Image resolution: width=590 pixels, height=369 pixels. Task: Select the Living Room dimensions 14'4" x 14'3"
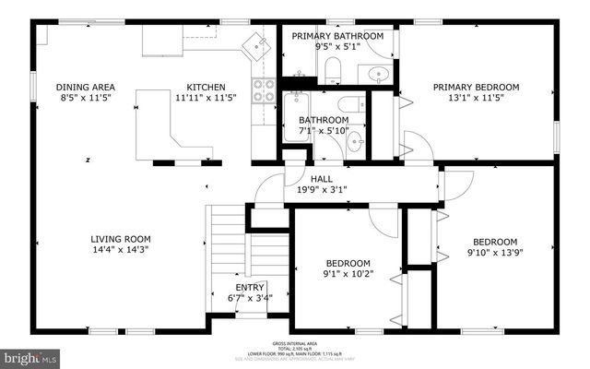point(120,249)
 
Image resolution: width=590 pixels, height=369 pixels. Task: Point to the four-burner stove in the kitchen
point(264,89)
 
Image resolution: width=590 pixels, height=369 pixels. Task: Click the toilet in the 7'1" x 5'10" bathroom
point(349,103)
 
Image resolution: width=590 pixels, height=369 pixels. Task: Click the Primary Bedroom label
point(477,87)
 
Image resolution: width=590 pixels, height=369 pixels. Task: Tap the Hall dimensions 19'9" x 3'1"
point(321,190)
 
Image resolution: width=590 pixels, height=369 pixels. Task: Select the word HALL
point(321,179)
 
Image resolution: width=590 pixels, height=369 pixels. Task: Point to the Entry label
point(250,288)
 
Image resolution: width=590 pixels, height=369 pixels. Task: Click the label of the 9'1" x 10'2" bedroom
point(348,263)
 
